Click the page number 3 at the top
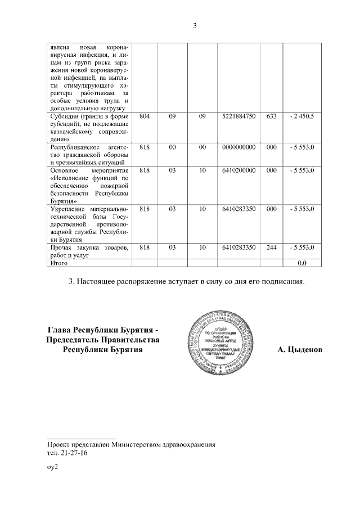tap(195, 26)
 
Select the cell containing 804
tap(145, 116)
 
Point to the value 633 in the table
tap(272, 116)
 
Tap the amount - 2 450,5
tap(302, 116)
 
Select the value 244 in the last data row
tap(272, 247)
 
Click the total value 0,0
tap(302, 262)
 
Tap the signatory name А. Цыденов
tap(300, 350)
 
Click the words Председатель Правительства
tap(104, 340)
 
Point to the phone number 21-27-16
tap(75, 452)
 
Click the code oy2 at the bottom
tap(53, 467)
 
